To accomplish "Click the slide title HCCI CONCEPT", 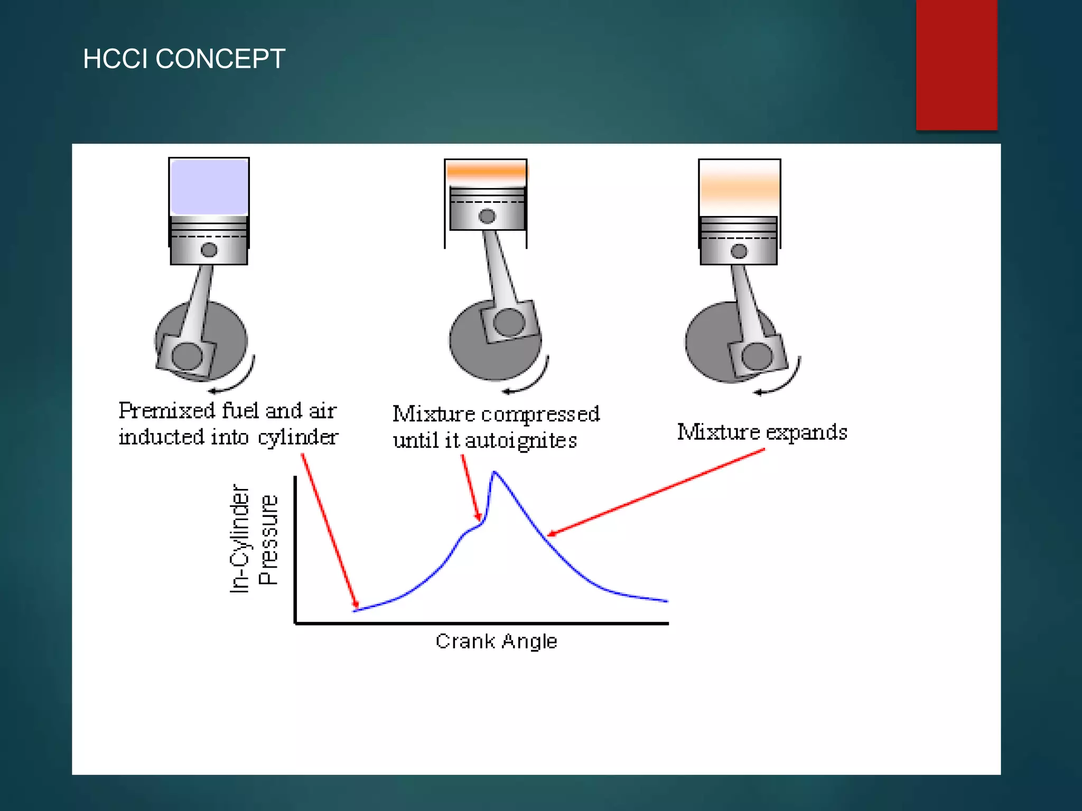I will pyautogui.click(x=184, y=59).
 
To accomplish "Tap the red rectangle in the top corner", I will pyautogui.click(x=956, y=64).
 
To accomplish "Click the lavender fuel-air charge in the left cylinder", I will pyautogui.click(x=209, y=187).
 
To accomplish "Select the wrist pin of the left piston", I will pyautogui.click(x=209, y=250).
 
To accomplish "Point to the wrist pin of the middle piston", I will pyautogui.click(x=487, y=216).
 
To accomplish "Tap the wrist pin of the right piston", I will pyautogui.click(x=739, y=251).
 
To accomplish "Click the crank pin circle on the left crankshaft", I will pyautogui.click(x=187, y=356).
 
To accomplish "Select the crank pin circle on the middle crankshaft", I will pyautogui.click(x=509, y=322).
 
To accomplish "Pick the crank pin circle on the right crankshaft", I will pyautogui.click(x=757, y=356).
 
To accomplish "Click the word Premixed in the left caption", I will pyautogui.click(x=167, y=411).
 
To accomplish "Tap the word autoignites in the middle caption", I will pyautogui.click(x=521, y=440).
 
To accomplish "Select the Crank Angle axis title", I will pyautogui.click(x=496, y=641).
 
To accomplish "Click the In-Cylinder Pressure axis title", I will pyautogui.click(x=254, y=539).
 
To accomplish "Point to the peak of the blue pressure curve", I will pyautogui.click(x=494, y=472).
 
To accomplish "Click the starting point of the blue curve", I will pyautogui.click(x=355, y=610).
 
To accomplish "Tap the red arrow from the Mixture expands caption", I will pyautogui.click(x=655, y=492).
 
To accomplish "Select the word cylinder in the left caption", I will pyautogui.click(x=298, y=438).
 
